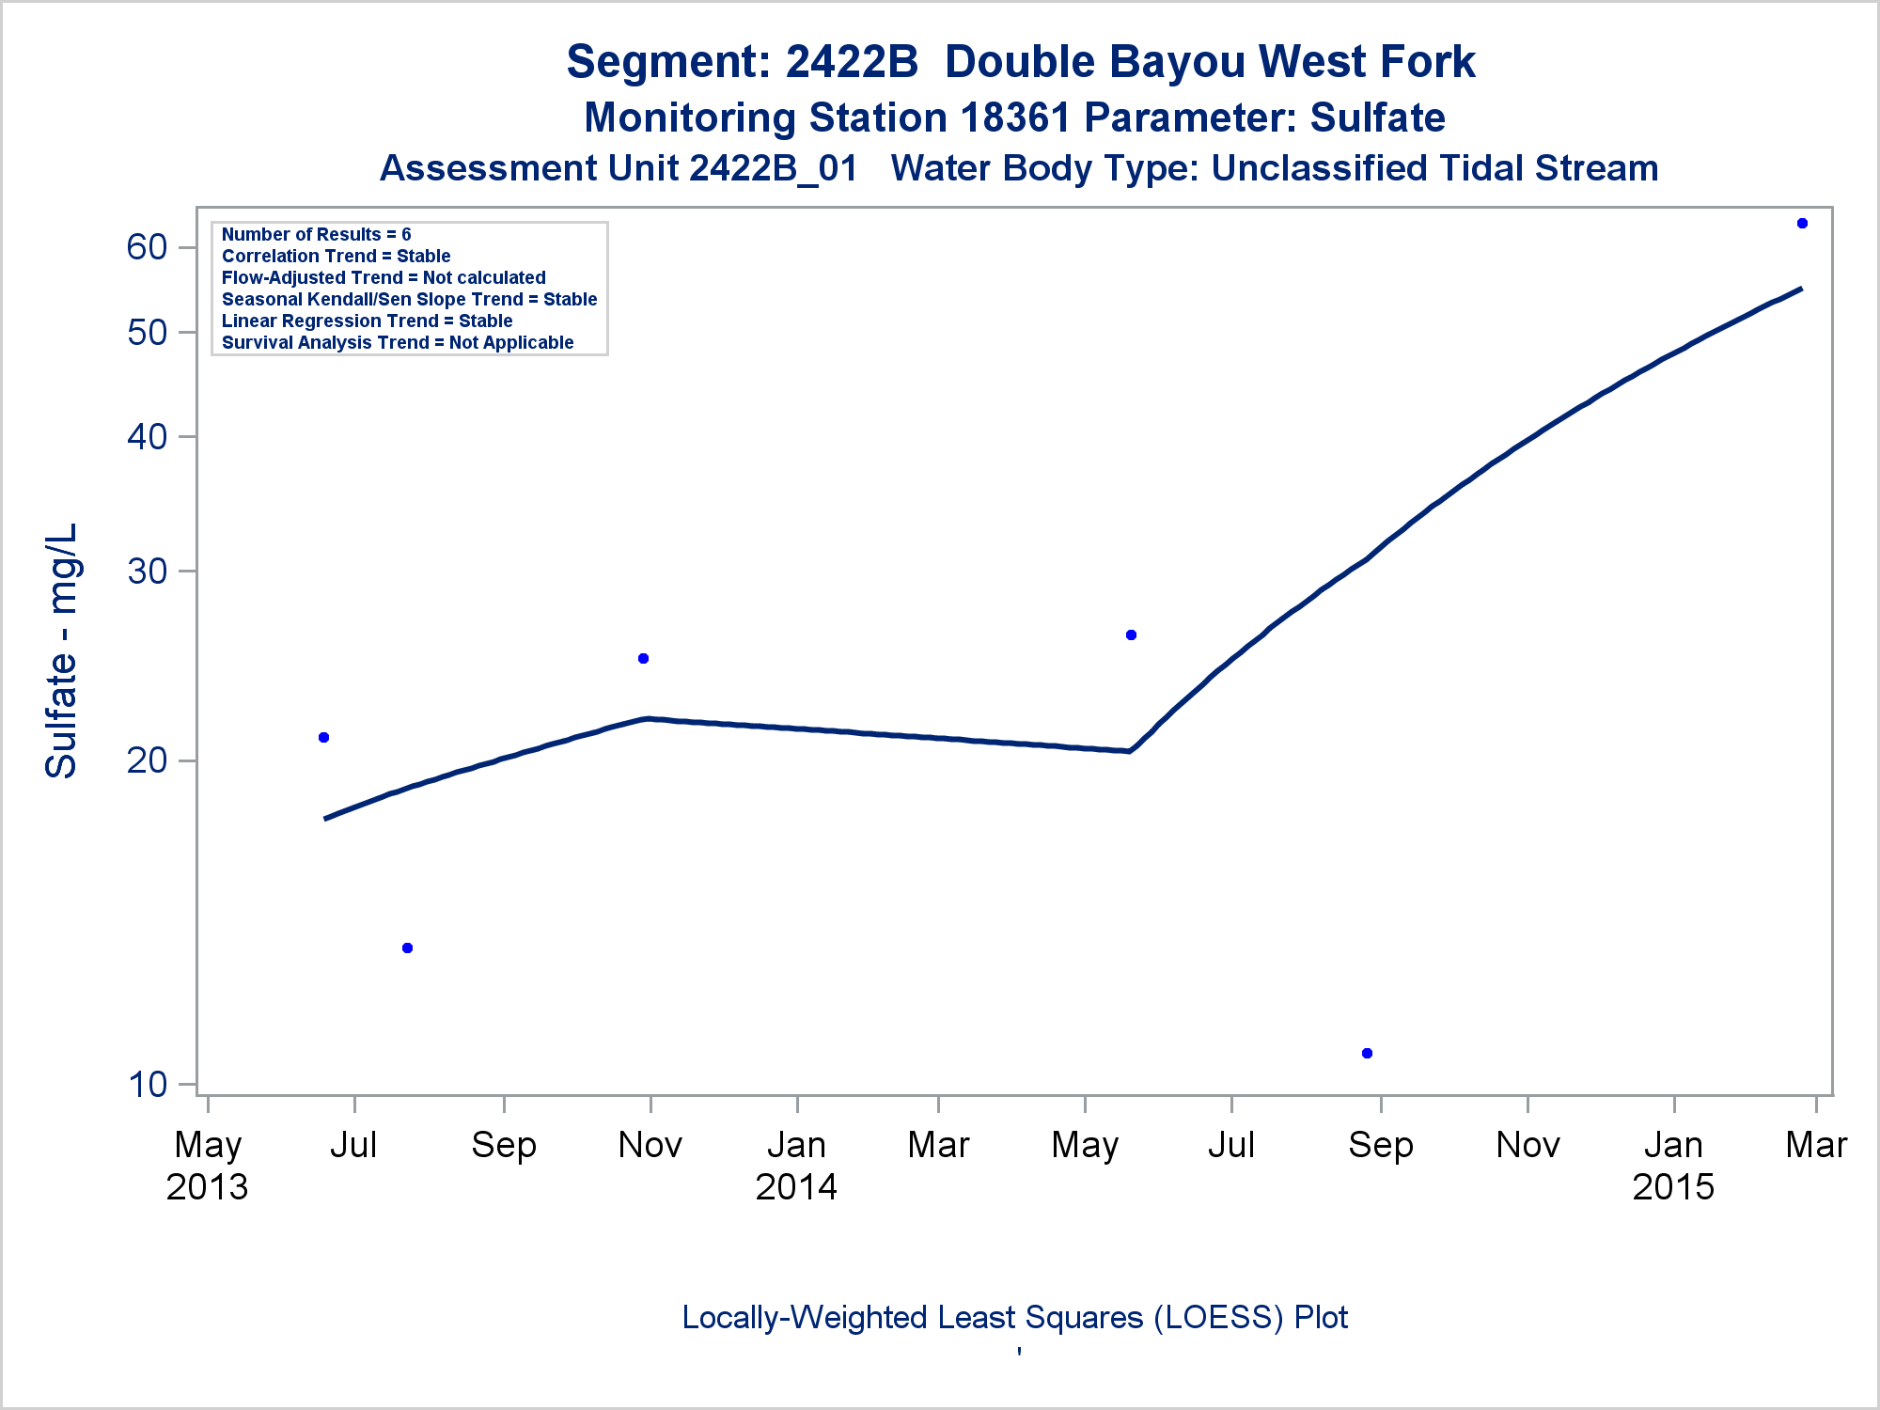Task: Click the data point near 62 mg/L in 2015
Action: (1802, 224)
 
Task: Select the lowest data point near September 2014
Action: (1367, 1053)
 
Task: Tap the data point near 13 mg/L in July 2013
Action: (407, 948)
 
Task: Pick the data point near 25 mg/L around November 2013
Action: (643, 658)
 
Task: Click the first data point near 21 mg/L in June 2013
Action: (323, 737)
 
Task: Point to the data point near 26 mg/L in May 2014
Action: (1131, 634)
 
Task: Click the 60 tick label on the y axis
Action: (147, 247)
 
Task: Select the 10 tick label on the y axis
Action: (147, 1085)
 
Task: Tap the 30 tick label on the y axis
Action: (147, 571)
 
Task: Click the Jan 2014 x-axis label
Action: (796, 1166)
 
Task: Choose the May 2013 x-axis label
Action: (208, 1166)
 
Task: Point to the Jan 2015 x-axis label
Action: (1673, 1166)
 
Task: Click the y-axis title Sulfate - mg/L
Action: (62, 650)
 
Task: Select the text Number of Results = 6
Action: (316, 234)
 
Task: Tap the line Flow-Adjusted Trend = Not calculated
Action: (384, 277)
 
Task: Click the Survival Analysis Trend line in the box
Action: (398, 342)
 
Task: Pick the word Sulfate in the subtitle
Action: (1377, 118)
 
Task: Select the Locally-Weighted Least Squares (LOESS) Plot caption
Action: (1015, 1317)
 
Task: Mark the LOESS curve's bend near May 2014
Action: (1129, 750)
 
